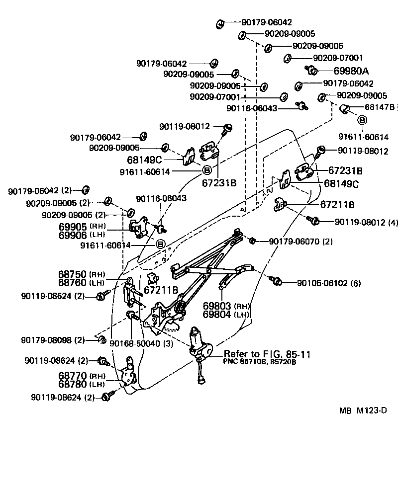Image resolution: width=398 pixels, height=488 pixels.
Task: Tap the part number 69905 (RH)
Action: click(86, 226)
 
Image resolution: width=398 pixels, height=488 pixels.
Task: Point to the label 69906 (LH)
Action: click(86, 235)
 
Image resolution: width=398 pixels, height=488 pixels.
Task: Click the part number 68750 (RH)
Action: click(86, 274)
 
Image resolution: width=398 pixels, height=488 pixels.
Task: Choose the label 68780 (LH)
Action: click(86, 384)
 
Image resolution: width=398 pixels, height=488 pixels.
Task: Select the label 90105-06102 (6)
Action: click(329, 283)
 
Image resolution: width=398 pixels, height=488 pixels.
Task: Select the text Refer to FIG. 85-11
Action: click(267, 354)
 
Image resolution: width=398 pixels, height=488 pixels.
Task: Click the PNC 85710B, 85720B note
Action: click(260, 362)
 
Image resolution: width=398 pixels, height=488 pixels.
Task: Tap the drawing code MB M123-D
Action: click(363, 411)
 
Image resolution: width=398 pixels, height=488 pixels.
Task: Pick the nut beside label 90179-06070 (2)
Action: click(252, 241)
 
